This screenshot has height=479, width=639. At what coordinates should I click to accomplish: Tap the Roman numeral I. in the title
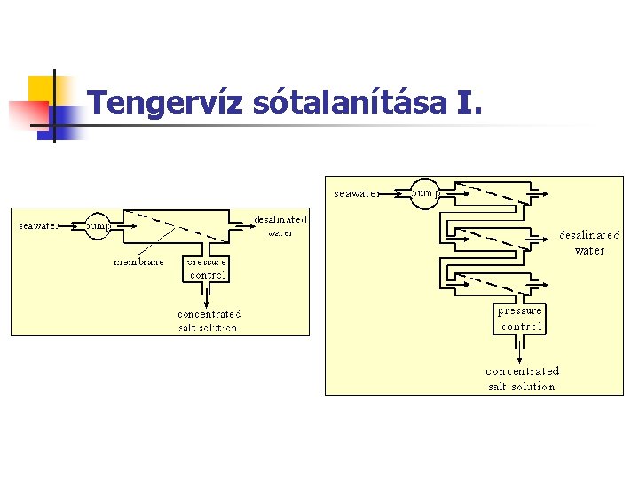point(469,104)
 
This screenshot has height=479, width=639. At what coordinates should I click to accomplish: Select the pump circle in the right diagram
point(425,192)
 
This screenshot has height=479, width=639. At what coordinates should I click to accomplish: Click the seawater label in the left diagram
point(38,226)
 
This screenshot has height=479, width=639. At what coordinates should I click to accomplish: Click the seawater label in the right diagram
point(357,192)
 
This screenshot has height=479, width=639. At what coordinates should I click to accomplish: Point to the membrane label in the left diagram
point(138,263)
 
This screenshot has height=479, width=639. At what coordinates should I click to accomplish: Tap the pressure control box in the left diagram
point(206,269)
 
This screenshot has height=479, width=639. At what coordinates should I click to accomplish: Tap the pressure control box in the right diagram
point(520,318)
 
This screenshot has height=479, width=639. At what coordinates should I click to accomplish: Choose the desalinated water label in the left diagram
point(280,225)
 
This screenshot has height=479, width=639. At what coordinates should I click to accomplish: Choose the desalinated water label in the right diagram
point(589,242)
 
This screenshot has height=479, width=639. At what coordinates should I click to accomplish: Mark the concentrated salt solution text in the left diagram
point(209,320)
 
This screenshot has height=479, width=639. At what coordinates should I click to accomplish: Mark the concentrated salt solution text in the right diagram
point(522,378)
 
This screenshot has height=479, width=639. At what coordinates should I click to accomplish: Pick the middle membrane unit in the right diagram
point(493,237)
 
